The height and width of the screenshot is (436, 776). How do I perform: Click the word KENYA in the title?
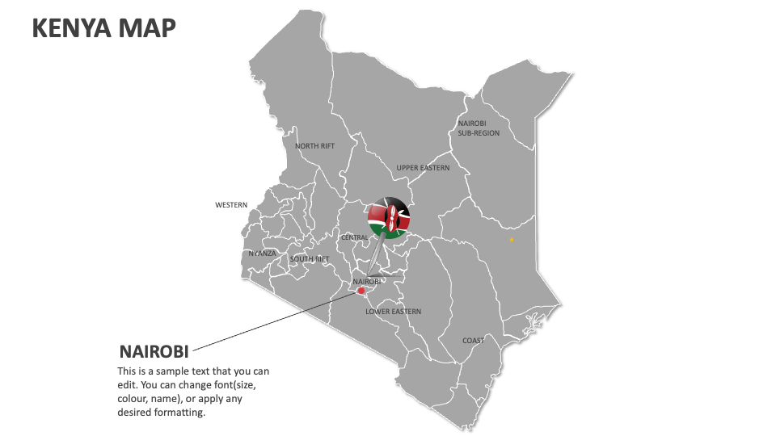coord(71,28)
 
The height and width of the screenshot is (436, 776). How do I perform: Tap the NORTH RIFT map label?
coord(314,146)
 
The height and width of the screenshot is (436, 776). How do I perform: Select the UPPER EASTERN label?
coord(422,168)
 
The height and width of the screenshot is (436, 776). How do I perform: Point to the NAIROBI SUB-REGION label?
coord(479,128)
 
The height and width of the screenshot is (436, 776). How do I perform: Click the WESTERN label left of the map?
coord(231,205)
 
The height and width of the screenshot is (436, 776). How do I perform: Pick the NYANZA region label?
coord(263,254)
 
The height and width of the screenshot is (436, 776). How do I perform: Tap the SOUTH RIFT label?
coord(310,259)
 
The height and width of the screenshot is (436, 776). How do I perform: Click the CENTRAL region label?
coord(355,238)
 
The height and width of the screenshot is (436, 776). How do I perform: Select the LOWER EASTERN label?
coord(393,312)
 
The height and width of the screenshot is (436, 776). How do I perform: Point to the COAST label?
coord(474,341)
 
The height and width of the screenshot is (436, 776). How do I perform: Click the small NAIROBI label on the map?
coord(366,282)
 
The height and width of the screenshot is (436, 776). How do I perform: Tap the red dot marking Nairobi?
coord(361,291)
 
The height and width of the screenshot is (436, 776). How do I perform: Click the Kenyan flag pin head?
coord(390,217)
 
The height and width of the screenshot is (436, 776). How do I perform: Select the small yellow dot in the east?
coord(511,240)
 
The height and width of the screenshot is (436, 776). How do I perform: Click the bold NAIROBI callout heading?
coord(154,352)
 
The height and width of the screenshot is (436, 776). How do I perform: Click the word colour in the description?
coord(134,399)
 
